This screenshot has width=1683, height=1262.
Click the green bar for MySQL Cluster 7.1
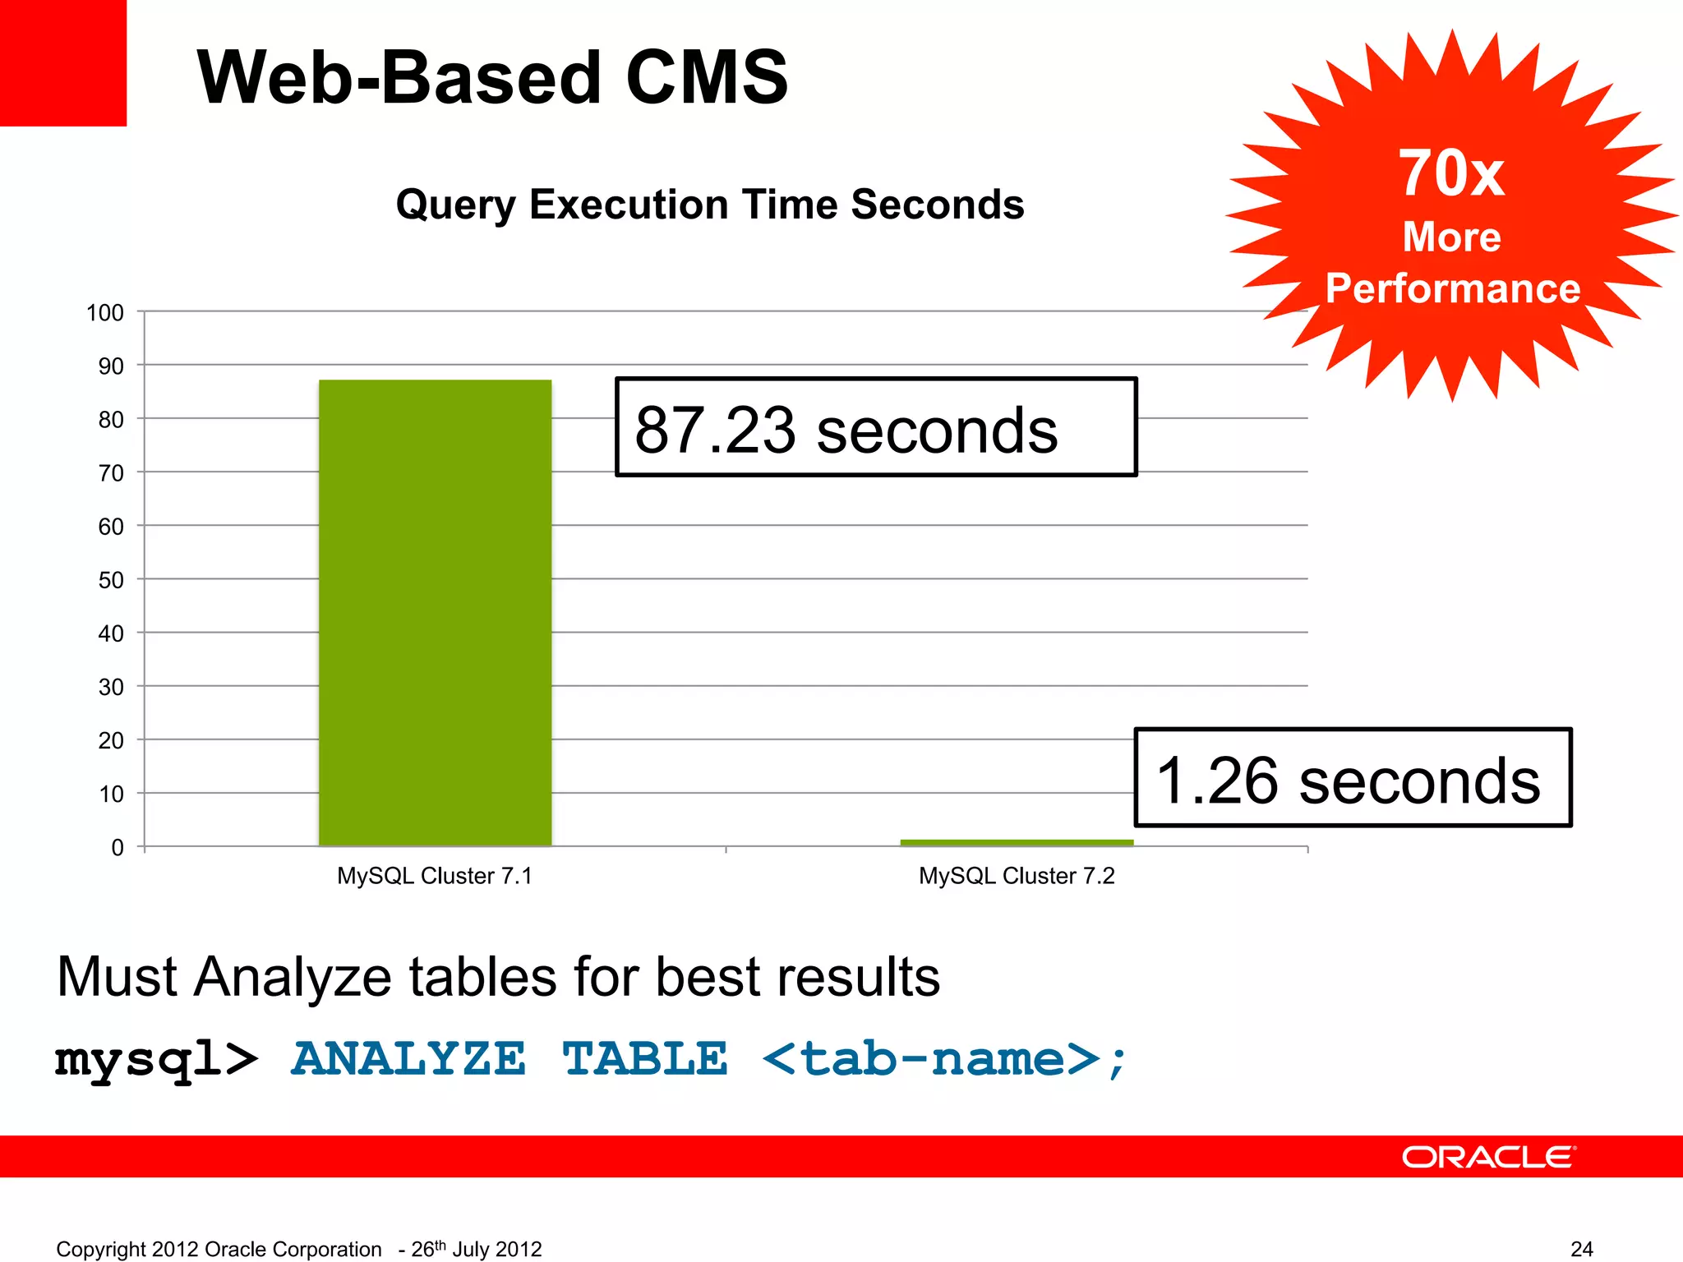[x=435, y=612]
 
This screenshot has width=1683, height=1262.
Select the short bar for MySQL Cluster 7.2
[x=1017, y=842]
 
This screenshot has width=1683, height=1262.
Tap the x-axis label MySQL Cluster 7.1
[x=435, y=876]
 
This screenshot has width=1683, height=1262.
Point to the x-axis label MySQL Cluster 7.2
[x=1017, y=876]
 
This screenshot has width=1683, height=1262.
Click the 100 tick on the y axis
[x=105, y=313]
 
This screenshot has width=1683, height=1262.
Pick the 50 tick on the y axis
[x=111, y=580]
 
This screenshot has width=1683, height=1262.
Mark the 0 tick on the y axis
[x=118, y=847]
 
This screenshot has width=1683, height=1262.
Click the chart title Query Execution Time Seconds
[x=710, y=204]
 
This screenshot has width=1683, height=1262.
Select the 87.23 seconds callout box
[x=876, y=427]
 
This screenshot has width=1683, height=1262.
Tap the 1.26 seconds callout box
[x=1353, y=777]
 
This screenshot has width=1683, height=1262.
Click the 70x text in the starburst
[x=1452, y=173]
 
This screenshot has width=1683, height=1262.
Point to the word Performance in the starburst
[x=1452, y=288]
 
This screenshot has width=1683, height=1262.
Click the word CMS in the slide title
[x=707, y=77]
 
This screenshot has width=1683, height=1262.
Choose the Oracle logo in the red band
[x=1488, y=1157]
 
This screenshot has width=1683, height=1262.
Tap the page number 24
[x=1581, y=1249]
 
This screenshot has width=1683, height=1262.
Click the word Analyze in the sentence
[x=293, y=977]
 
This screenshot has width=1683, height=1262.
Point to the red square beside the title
[x=63, y=63]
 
